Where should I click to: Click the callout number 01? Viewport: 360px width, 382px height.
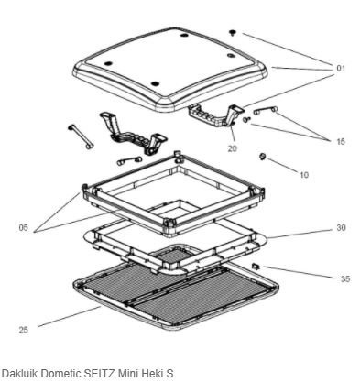point(341,68)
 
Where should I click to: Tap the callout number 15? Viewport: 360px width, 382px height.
point(341,141)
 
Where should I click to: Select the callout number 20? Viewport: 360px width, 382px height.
point(232,148)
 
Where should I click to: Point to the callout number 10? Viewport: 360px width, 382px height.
point(304,175)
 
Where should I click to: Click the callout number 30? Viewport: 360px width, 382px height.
point(341,228)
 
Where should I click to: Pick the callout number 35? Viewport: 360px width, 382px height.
point(345,279)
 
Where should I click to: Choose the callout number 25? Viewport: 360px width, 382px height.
point(24,330)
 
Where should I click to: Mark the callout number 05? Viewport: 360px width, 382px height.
point(23,228)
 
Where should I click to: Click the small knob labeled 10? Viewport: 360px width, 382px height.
point(263,157)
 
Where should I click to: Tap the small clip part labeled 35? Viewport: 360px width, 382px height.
point(256,267)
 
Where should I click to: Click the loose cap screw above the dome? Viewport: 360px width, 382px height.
point(234,32)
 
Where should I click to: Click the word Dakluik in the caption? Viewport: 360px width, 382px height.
point(20,373)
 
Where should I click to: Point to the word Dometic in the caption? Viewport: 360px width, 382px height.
point(61,373)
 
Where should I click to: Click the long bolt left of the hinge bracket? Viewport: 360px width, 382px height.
point(81,136)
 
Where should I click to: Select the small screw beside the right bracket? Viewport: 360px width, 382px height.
point(246,120)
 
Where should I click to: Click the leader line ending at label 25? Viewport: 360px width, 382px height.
point(69,317)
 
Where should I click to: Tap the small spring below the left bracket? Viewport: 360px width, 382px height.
point(129,160)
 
